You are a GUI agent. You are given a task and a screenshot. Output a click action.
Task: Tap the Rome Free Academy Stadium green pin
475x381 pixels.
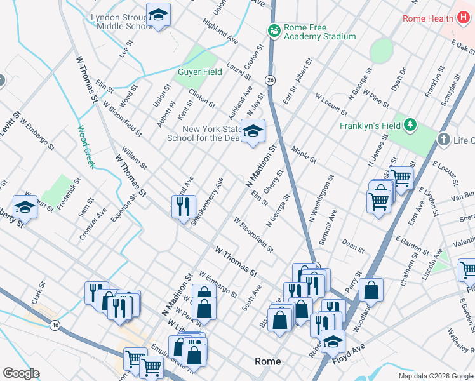coord(274,30)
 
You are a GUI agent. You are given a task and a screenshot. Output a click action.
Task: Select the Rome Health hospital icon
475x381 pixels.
coord(463,18)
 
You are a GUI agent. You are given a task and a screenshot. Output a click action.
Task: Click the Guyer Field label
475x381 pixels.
coord(200,72)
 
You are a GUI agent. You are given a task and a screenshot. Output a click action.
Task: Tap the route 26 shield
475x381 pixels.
coord(271,80)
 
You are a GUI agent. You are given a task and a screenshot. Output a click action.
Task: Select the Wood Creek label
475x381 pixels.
coord(86,147)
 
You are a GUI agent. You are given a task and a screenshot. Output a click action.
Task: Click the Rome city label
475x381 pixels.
coord(267,361)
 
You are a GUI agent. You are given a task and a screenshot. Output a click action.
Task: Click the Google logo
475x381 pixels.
coord(21,373)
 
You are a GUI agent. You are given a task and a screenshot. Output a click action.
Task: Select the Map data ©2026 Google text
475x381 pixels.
coord(436,376)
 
